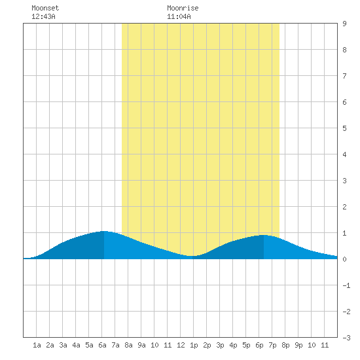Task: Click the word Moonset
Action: point(45,8)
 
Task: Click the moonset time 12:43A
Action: point(43,16)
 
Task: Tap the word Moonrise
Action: point(183,8)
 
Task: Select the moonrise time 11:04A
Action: point(179,16)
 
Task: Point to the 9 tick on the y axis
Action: point(344,24)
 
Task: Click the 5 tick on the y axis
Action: point(344,128)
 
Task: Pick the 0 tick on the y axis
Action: point(344,259)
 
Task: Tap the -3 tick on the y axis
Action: point(346,338)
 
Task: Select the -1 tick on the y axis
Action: point(346,285)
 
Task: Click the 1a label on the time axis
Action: point(37,345)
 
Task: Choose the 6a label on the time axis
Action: point(102,345)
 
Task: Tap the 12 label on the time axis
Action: point(181,345)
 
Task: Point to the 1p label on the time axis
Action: point(194,345)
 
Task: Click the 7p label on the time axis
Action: point(272,345)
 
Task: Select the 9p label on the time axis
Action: point(298,345)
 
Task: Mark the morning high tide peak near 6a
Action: point(104,231)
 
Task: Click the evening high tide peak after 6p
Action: point(264,235)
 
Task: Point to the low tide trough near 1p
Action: point(192,256)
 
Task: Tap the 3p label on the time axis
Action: point(220,345)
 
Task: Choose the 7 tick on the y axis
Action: point(344,76)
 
